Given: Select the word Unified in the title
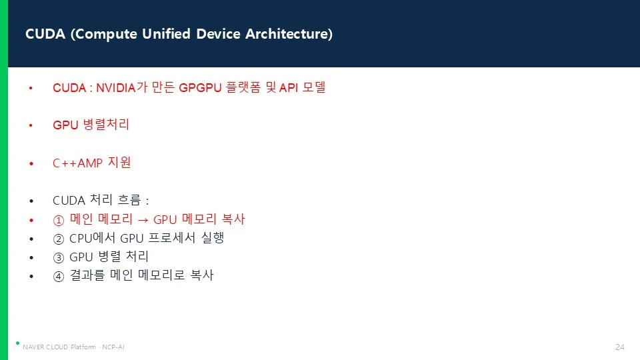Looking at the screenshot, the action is tap(166, 33).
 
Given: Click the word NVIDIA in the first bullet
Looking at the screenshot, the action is tap(116, 88).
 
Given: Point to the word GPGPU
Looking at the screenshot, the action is tap(200, 88).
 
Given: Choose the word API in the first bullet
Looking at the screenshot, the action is tap(289, 88).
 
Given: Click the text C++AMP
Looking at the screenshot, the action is tap(77, 163).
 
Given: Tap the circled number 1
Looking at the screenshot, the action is tap(59, 221).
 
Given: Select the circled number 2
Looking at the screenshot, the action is tap(59, 239).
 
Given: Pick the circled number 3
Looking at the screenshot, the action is tap(59, 257).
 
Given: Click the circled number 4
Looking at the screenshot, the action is tap(59, 276).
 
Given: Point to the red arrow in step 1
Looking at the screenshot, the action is tap(143, 221).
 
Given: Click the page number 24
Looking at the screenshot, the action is tap(620, 347).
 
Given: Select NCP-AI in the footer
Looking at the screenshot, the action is tap(113, 347).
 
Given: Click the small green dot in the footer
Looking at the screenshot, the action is tap(17, 343).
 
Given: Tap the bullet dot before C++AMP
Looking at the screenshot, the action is tap(31, 164).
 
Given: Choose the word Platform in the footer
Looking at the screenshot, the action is tap(83, 347).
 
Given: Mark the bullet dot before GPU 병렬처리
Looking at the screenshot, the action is tap(31, 125).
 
